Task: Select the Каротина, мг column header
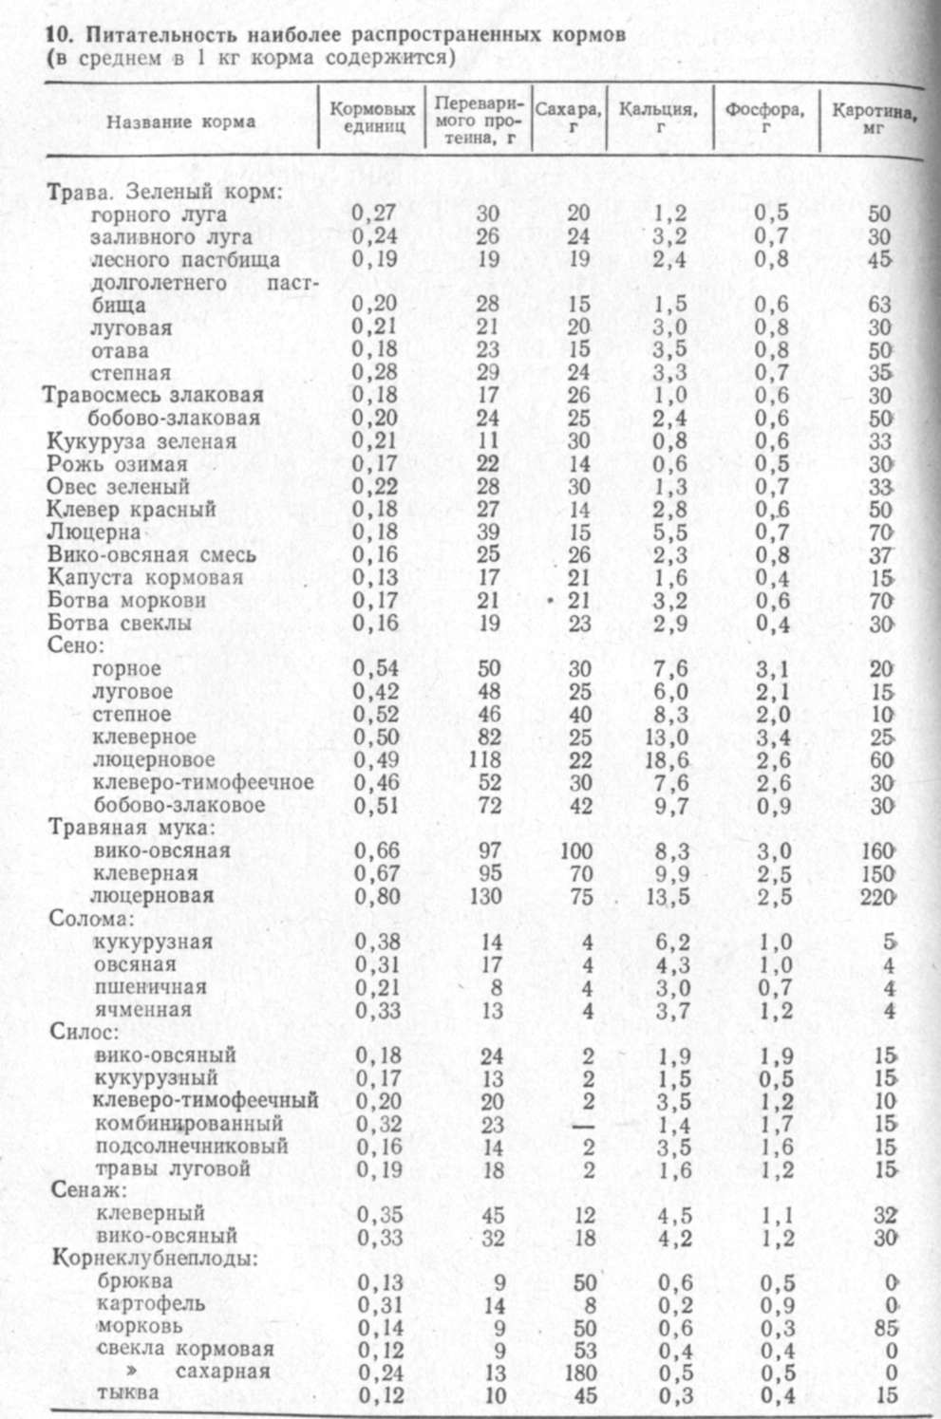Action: click(874, 117)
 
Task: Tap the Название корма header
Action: click(179, 121)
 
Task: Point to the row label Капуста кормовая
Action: click(144, 577)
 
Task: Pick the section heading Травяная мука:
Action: click(133, 827)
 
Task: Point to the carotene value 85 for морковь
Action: click(883, 1326)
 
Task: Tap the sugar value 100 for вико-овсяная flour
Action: click(576, 850)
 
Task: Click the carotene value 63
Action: click(880, 305)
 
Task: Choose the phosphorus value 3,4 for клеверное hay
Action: click(778, 737)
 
